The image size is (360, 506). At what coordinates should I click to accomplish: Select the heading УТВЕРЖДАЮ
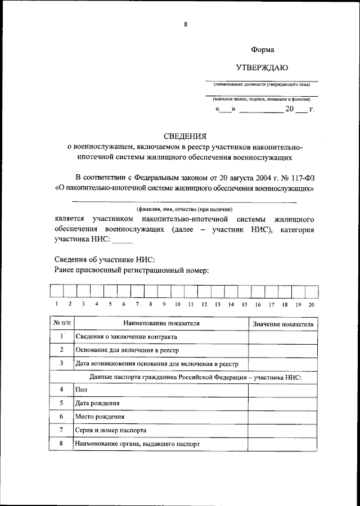(x=262, y=68)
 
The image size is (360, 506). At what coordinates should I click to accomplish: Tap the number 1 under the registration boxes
(x=56, y=304)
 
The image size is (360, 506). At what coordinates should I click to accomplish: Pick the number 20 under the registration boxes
(x=311, y=304)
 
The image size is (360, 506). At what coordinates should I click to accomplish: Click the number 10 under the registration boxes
(x=177, y=304)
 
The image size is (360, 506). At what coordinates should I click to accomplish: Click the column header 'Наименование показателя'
(x=161, y=324)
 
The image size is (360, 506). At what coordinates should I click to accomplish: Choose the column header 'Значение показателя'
(x=283, y=324)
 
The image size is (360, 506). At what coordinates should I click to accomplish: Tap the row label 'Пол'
(x=81, y=390)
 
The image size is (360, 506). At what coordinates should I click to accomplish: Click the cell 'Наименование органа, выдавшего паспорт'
(x=137, y=444)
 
